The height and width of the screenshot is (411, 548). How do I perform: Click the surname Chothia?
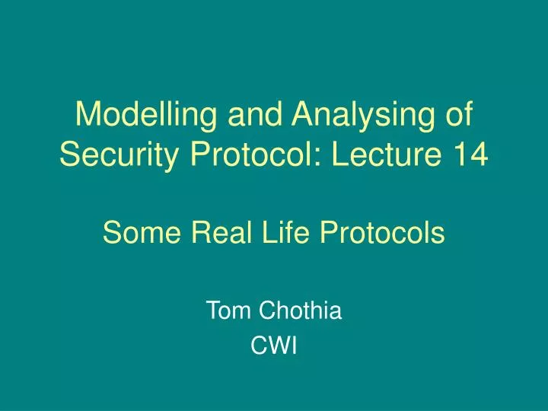[x=301, y=311]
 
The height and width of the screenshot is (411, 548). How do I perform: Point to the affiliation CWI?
[x=274, y=347]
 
